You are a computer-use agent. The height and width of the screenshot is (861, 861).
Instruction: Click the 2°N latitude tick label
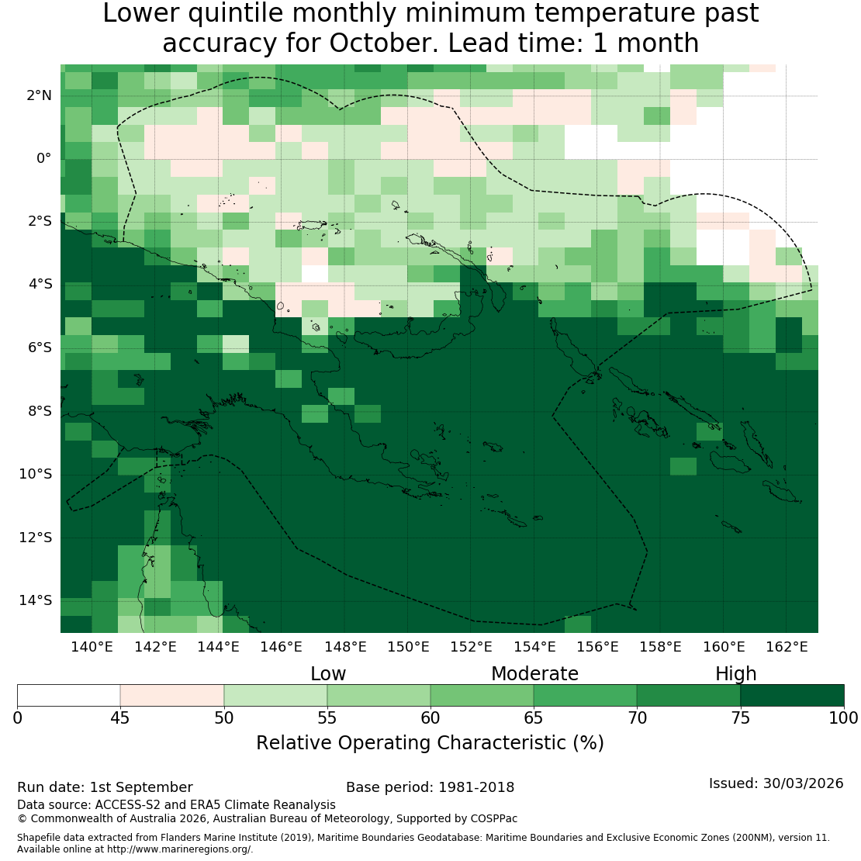tap(39, 95)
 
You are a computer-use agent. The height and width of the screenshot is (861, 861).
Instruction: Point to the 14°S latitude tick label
tap(36, 600)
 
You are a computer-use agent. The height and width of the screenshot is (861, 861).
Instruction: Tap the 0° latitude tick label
tap(44, 159)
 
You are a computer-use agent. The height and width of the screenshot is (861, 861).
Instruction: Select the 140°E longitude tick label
tap(92, 647)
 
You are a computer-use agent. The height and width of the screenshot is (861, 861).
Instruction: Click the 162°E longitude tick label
tap(787, 647)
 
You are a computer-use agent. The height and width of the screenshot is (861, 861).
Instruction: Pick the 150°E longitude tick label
tap(408, 647)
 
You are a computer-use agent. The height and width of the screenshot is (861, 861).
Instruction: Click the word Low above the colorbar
tap(328, 674)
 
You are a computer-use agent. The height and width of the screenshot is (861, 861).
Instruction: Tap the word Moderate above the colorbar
tap(534, 674)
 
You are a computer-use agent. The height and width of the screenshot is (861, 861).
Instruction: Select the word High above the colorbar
tap(735, 674)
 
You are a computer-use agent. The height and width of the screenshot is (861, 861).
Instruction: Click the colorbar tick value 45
tap(120, 717)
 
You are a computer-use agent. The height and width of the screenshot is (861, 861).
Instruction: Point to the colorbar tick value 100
tap(843, 717)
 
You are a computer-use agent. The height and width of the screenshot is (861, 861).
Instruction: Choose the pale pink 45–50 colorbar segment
tap(172, 695)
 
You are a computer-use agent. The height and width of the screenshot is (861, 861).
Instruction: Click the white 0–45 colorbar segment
tap(68, 695)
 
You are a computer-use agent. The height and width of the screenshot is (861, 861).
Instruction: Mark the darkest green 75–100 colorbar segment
tap(792, 695)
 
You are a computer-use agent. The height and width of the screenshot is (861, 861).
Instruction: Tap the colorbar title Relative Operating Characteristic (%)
tap(430, 742)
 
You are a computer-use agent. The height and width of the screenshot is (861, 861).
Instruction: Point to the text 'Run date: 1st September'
tap(105, 787)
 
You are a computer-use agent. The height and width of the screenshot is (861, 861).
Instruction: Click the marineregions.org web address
tap(178, 849)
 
